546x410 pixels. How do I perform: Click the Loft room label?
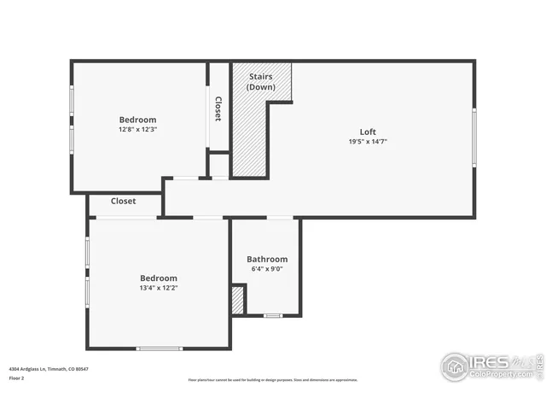click(368, 132)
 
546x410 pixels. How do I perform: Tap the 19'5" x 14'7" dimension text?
click(368, 142)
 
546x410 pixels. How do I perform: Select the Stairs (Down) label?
click(261, 82)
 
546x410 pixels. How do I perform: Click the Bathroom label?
click(267, 259)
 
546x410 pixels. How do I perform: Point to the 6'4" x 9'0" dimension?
click(267, 269)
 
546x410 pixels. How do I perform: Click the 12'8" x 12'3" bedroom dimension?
click(137, 130)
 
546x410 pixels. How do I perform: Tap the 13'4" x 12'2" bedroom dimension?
click(159, 288)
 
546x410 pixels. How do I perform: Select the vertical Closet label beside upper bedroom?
click(218, 108)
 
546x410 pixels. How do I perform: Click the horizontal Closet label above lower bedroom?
click(123, 202)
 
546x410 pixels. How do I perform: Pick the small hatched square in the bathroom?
click(238, 300)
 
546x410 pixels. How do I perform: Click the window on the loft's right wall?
click(473, 137)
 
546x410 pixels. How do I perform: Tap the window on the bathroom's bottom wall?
click(272, 316)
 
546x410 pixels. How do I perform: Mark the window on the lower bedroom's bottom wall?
click(160, 348)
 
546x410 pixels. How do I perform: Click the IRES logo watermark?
click(490, 366)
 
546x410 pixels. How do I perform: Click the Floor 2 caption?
click(17, 377)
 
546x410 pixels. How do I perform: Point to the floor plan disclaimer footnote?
click(273, 380)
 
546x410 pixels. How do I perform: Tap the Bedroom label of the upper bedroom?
click(137, 120)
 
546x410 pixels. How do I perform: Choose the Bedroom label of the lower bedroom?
click(159, 278)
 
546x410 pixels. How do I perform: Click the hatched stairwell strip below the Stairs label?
click(249, 137)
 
